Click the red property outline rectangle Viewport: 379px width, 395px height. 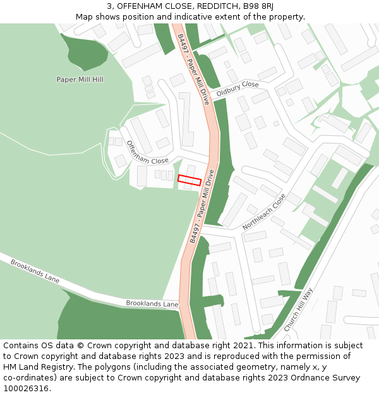coord(189,180)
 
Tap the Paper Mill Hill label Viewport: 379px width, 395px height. coord(80,80)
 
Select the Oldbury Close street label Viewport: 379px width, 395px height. coord(238,88)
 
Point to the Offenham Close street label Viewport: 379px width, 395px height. coord(147,152)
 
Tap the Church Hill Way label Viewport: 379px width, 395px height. coord(298,310)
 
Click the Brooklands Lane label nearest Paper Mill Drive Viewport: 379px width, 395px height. coord(152,304)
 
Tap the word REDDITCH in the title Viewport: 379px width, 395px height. coord(210,6)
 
